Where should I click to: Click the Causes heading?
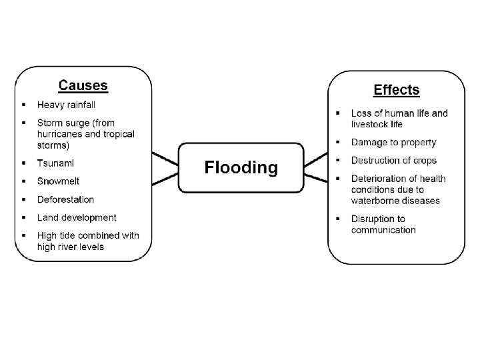coord(83,85)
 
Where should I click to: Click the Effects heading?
coord(397,89)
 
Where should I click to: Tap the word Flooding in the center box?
coord(241,167)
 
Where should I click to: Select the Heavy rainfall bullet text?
coord(66,105)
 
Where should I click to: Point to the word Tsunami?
coord(55,163)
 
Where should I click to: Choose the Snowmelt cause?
coord(58,181)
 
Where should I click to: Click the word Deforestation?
coord(65,199)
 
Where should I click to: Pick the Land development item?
coord(77,217)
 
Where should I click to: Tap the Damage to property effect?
coord(393,142)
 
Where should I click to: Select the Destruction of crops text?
coord(393,160)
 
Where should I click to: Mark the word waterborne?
coord(377,201)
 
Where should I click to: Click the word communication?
coord(383,230)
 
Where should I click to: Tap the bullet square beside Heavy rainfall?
coord(23,105)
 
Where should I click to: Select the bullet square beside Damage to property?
coord(337,142)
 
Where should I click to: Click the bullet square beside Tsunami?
coord(23,163)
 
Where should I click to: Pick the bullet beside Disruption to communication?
coord(337,219)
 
